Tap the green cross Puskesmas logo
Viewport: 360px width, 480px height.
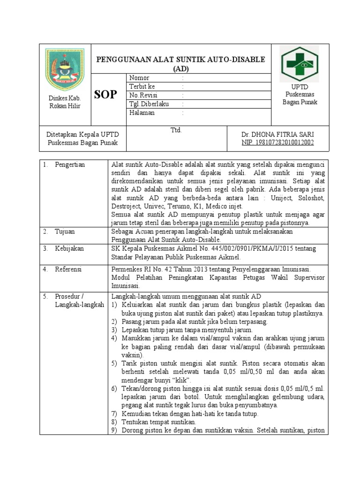(299, 64)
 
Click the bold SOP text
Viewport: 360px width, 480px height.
(105, 95)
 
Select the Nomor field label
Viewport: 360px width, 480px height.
(139, 78)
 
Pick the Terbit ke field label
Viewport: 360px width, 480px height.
(142, 87)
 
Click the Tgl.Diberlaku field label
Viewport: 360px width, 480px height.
(148, 104)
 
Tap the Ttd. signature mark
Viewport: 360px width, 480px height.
(176, 130)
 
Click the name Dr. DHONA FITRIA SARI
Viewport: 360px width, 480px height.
(277, 135)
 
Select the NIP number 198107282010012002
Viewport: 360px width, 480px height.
(277, 142)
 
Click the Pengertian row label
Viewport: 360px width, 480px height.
(70, 165)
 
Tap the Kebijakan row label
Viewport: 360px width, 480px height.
(69, 248)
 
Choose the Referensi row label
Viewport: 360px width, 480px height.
(68, 269)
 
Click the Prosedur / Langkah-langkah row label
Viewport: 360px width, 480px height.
(79, 300)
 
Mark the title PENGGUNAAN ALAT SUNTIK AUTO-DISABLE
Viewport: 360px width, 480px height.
(180, 60)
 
